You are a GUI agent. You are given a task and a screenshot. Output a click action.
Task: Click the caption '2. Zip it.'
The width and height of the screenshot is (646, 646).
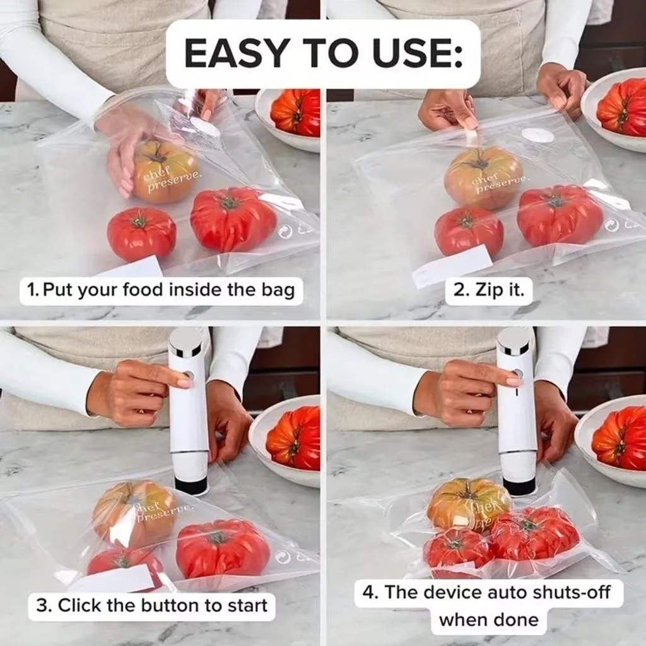point(489,290)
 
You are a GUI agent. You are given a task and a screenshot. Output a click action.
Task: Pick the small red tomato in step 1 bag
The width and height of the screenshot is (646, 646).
point(141,233)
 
